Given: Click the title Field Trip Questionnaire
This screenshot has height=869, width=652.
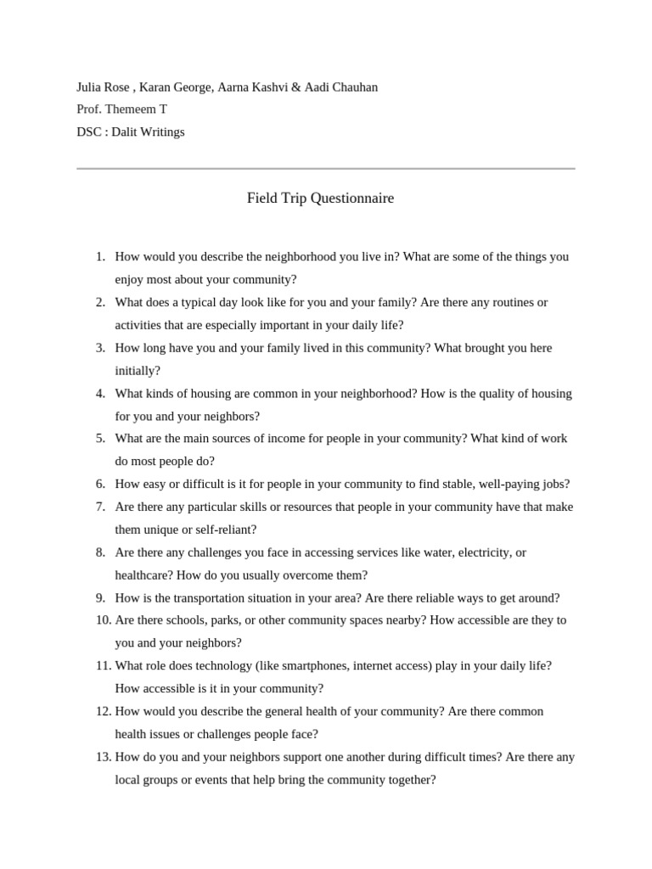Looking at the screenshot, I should click(320, 199).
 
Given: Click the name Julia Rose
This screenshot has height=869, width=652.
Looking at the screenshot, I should click(104, 87).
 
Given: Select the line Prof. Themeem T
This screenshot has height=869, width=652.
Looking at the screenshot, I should click(121, 109).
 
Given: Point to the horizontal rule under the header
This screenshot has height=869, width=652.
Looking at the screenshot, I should click(325, 169).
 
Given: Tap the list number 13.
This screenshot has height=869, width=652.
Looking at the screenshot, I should click(102, 757).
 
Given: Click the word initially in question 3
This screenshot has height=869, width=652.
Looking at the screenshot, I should click(137, 371).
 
